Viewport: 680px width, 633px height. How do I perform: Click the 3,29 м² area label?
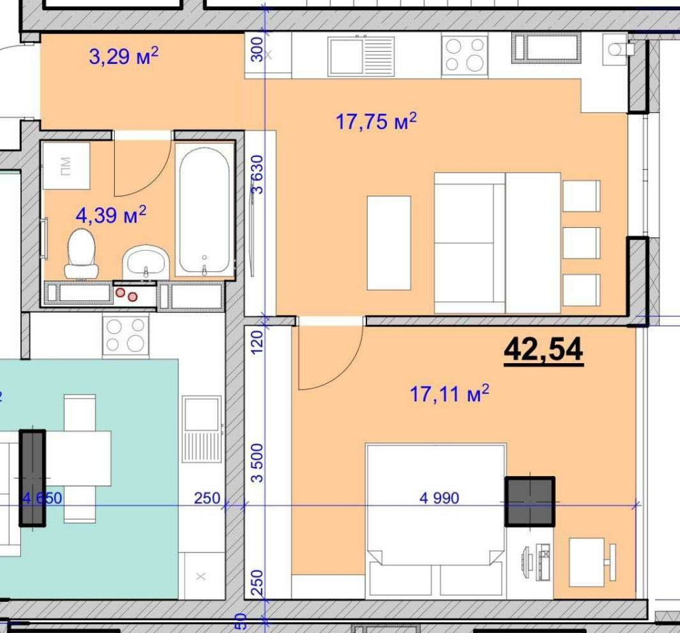124,56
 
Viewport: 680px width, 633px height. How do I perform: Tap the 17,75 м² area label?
376,121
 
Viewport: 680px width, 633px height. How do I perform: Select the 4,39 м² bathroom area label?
111,215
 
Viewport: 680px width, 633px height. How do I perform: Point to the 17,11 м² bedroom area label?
449,394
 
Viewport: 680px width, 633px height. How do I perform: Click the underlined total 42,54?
543,350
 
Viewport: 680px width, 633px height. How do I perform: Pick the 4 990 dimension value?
439,498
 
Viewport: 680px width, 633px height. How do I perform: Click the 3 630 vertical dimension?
257,174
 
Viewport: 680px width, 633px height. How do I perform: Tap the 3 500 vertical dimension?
257,462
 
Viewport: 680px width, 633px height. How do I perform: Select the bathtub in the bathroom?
204,211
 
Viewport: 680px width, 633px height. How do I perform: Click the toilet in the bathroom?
82,254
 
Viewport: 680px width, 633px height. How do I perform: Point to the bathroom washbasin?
146,262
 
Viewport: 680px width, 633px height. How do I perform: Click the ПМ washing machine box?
66,166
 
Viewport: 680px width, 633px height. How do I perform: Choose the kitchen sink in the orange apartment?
362,56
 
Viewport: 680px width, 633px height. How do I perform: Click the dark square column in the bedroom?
530,502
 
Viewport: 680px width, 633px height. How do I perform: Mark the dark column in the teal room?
33,478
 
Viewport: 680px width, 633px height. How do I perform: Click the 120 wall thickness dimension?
257,342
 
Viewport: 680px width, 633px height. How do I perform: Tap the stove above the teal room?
126,337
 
